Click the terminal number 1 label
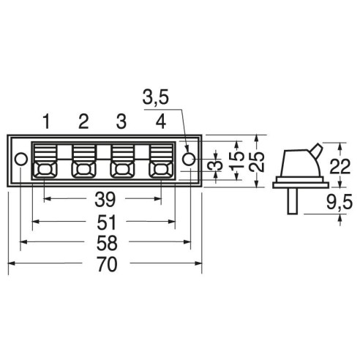pyautogui.click(x=46, y=121)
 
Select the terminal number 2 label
pyautogui.click(x=83, y=121)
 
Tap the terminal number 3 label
pyautogui.click(x=121, y=121)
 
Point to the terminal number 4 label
pyautogui.click(x=161, y=121)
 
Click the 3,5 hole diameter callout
pyautogui.click(x=156, y=97)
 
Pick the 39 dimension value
pyautogui.click(x=105, y=199)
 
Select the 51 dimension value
pyautogui.click(x=106, y=222)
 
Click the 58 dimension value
pyautogui.click(x=107, y=243)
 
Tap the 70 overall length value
pyautogui.click(x=108, y=264)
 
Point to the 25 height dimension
pyautogui.click(x=258, y=162)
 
